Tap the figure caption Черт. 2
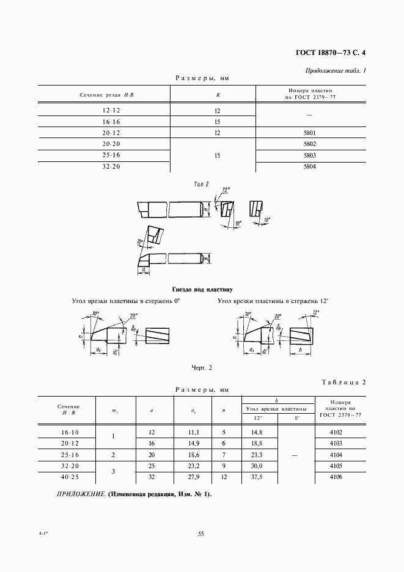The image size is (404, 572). coord(202,367)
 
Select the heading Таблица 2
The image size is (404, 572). coord(343,382)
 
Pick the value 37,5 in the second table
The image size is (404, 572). coord(257,478)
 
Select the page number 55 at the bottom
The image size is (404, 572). coord(201,533)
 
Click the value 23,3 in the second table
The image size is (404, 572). coord(257,455)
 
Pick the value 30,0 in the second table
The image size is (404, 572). coord(257,466)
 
